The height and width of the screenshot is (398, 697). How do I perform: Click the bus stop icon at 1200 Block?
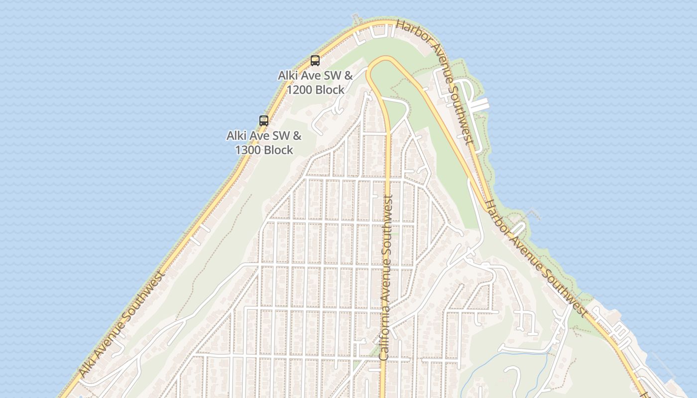pyautogui.click(x=315, y=61)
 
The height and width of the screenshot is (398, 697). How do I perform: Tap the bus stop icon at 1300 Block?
pyautogui.click(x=264, y=120)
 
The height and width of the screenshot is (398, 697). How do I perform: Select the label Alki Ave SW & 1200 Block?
pyautogui.click(x=315, y=83)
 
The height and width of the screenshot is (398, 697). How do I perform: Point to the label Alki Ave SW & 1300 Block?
pyautogui.click(x=264, y=142)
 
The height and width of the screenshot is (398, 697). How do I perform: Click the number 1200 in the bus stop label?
pyautogui.click(x=299, y=90)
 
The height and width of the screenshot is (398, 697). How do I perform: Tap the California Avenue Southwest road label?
pyautogui.click(x=386, y=277)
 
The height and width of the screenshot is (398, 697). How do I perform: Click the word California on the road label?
pyautogui.click(x=384, y=331)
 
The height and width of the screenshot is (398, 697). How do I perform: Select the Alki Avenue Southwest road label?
pyautogui.click(x=121, y=324)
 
